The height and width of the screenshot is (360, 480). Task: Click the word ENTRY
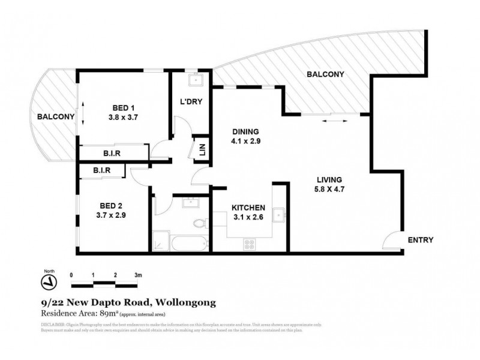421,240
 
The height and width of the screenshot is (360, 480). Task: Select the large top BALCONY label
325,75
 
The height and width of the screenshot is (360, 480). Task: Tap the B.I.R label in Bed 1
111,154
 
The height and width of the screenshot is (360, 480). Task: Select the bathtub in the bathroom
188,244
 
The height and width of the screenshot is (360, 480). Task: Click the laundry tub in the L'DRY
196,81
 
